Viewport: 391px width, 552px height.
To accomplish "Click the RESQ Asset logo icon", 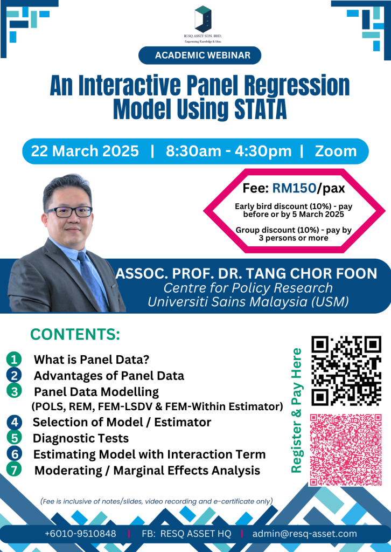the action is [x=203, y=19].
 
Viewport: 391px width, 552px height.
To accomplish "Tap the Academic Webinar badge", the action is [x=200, y=56].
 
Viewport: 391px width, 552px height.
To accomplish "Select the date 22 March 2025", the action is [x=85, y=151].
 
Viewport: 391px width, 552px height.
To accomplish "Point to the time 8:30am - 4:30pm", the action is [x=229, y=151].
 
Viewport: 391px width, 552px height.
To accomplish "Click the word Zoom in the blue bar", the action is [x=336, y=151].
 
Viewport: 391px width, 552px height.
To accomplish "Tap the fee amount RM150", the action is [x=294, y=189].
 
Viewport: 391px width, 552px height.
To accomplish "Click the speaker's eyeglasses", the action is [x=69, y=211].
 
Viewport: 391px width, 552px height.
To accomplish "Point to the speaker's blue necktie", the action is [x=92, y=281].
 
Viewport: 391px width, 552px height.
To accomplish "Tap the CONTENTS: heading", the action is [x=75, y=334].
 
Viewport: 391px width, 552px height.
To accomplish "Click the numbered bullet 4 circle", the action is [x=14, y=422].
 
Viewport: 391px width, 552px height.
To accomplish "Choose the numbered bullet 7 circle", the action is [x=14, y=470].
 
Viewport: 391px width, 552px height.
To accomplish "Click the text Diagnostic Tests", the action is [x=81, y=438].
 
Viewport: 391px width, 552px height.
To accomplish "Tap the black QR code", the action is [x=346, y=371].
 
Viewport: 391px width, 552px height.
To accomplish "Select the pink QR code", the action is [x=346, y=450].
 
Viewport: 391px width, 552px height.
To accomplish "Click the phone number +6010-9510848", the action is [x=81, y=534].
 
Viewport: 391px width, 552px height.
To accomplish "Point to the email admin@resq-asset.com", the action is [x=304, y=534].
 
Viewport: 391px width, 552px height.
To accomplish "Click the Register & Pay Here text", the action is [x=297, y=410].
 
